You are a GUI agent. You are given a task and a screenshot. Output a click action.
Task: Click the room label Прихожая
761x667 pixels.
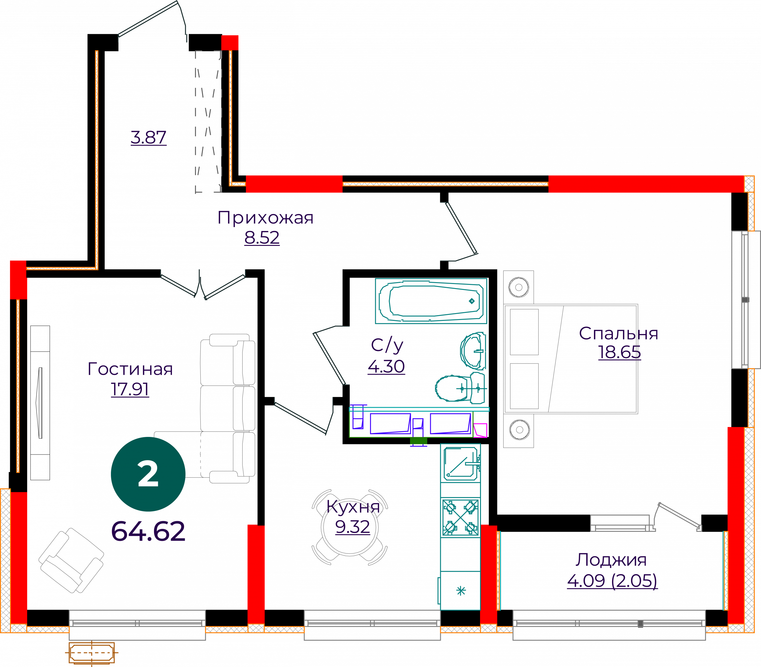click(x=265, y=218)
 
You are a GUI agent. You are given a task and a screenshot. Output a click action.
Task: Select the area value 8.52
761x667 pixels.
click(x=262, y=238)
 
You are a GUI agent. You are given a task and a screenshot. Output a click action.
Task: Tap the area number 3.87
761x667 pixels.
click(x=148, y=137)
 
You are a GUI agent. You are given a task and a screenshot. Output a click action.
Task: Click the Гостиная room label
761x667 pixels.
click(x=130, y=369)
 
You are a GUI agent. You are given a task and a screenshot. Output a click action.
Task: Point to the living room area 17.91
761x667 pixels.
click(x=130, y=389)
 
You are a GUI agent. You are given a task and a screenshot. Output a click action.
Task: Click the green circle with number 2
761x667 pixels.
click(x=148, y=474)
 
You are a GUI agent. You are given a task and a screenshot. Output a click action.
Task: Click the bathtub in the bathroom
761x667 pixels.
click(x=431, y=301)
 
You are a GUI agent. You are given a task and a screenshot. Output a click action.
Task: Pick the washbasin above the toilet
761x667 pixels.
click(x=473, y=351)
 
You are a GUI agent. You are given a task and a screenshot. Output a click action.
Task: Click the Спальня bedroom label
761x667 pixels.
click(x=618, y=333)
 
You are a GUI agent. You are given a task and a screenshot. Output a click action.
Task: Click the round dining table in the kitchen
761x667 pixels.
click(x=350, y=527)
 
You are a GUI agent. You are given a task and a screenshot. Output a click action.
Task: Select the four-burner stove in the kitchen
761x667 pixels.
click(x=460, y=517)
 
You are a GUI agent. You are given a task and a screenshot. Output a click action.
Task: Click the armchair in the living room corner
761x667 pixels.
click(x=71, y=560)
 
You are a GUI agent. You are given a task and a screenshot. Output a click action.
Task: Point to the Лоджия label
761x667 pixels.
click(x=611, y=560)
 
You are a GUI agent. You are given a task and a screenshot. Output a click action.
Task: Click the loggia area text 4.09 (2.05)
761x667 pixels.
click(x=612, y=581)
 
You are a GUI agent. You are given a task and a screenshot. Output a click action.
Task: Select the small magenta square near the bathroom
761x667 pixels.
click(x=480, y=430)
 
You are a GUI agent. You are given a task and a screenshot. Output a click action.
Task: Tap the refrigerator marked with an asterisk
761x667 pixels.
click(x=460, y=591)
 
